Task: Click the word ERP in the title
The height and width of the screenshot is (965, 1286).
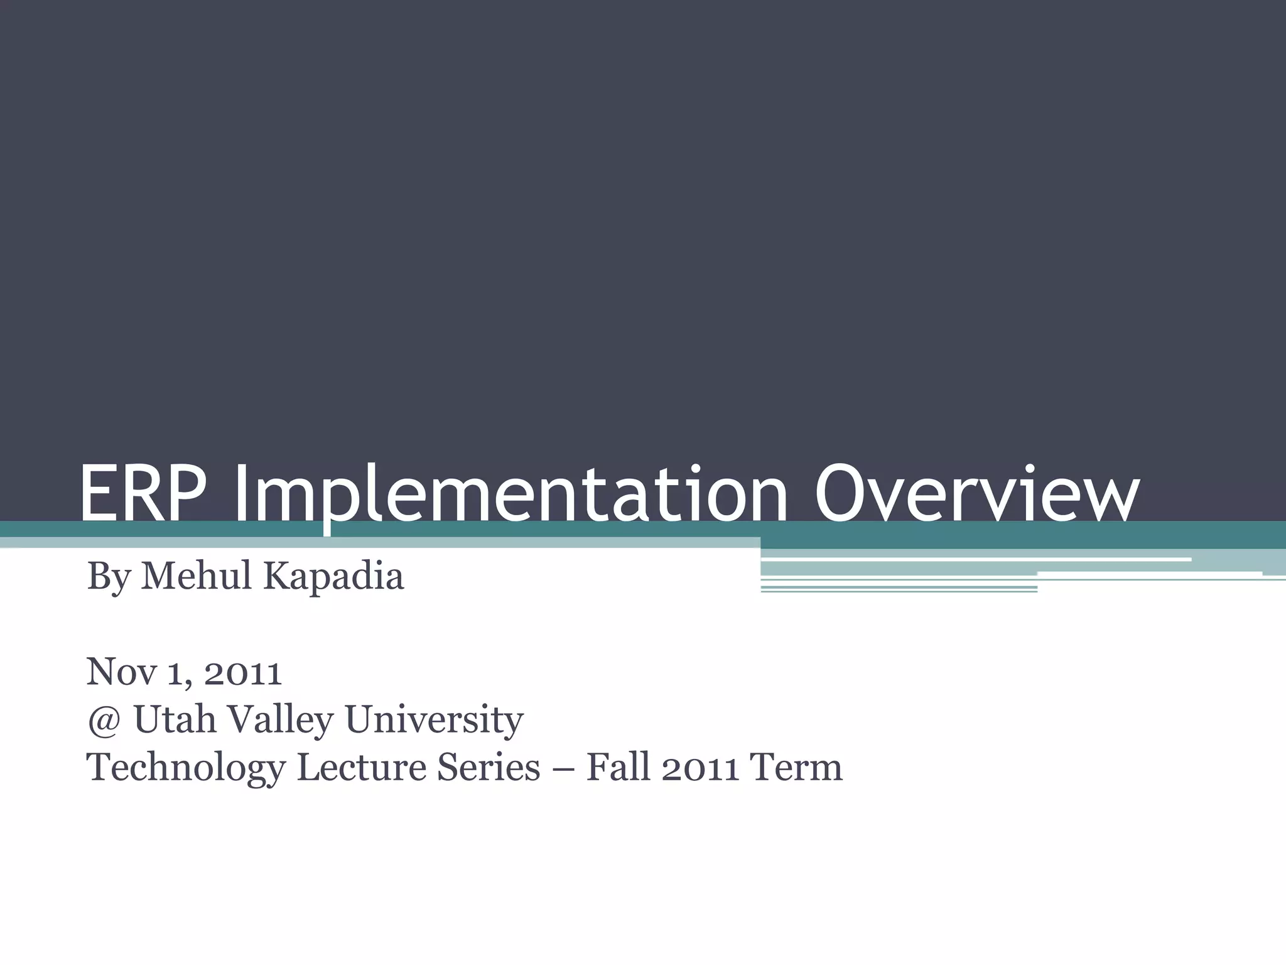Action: [143, 494]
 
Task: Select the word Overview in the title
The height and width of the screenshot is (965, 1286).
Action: [976, 494]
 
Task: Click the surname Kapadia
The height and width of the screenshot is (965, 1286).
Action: [333, 577]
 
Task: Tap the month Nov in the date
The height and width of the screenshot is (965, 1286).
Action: [121, 672]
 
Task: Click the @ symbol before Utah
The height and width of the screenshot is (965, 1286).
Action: [104, 721]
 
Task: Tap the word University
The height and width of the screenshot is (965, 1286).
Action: [434, 721]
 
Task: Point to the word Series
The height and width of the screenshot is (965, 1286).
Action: [488, 768]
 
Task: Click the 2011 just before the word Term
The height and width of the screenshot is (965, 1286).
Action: [699, 768]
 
